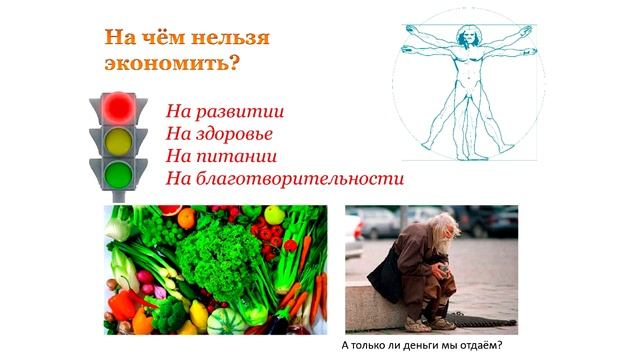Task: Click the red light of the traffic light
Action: [x=119, y=106]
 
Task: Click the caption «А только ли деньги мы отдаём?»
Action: [x=421, y=345]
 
